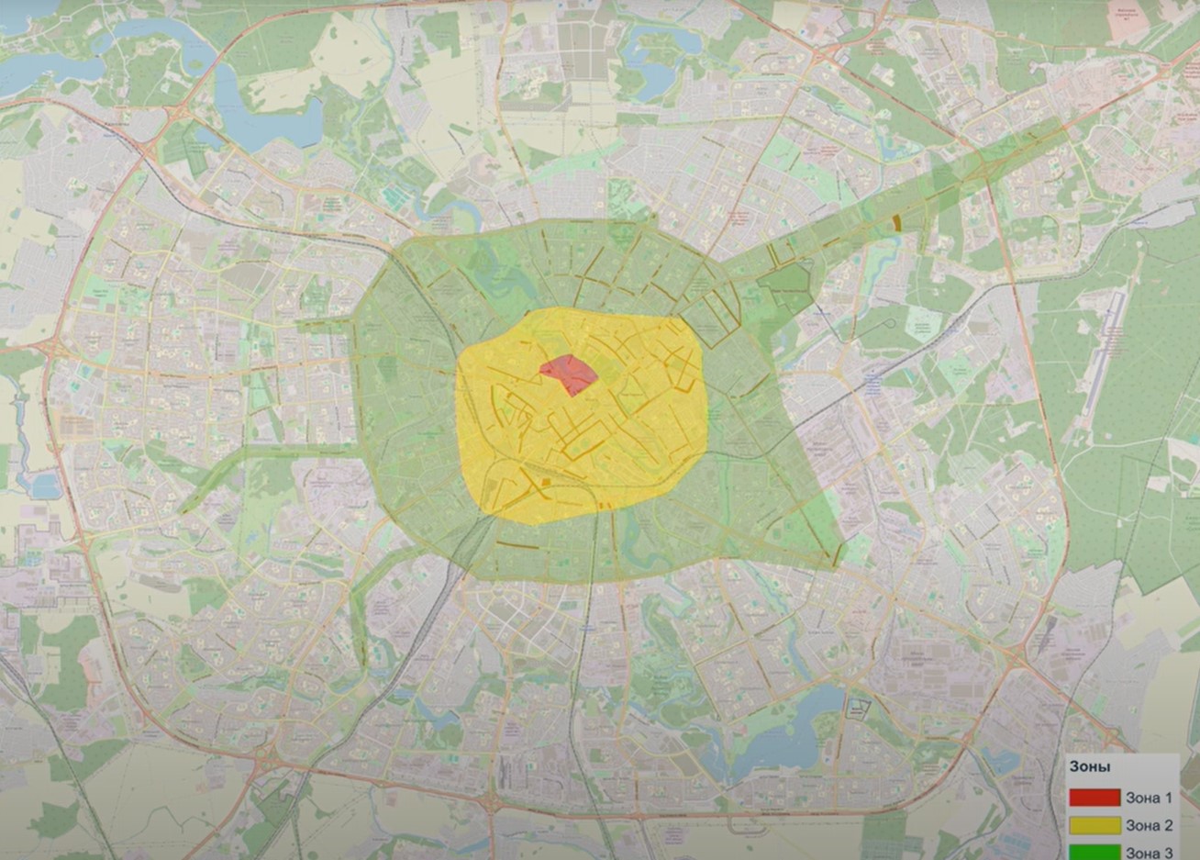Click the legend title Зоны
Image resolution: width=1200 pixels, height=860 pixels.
(1090, 766)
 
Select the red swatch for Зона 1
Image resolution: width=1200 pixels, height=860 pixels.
(1094, 798)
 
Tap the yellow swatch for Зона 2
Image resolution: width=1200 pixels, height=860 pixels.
(1094, 825)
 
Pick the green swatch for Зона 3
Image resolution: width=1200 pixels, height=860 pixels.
(1094, 852)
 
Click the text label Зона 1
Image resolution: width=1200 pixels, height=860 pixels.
(1149, 798)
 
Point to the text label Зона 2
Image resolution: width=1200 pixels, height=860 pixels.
(1149, 825)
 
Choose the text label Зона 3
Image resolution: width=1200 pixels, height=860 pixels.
(1149, 853)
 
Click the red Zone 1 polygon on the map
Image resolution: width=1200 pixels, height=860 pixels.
(568, 373)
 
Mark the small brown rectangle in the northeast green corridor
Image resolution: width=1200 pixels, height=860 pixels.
(897, 222)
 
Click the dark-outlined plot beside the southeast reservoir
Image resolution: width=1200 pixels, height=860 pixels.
(857, 709)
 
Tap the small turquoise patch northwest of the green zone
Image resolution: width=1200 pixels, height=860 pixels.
(394, 195)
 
